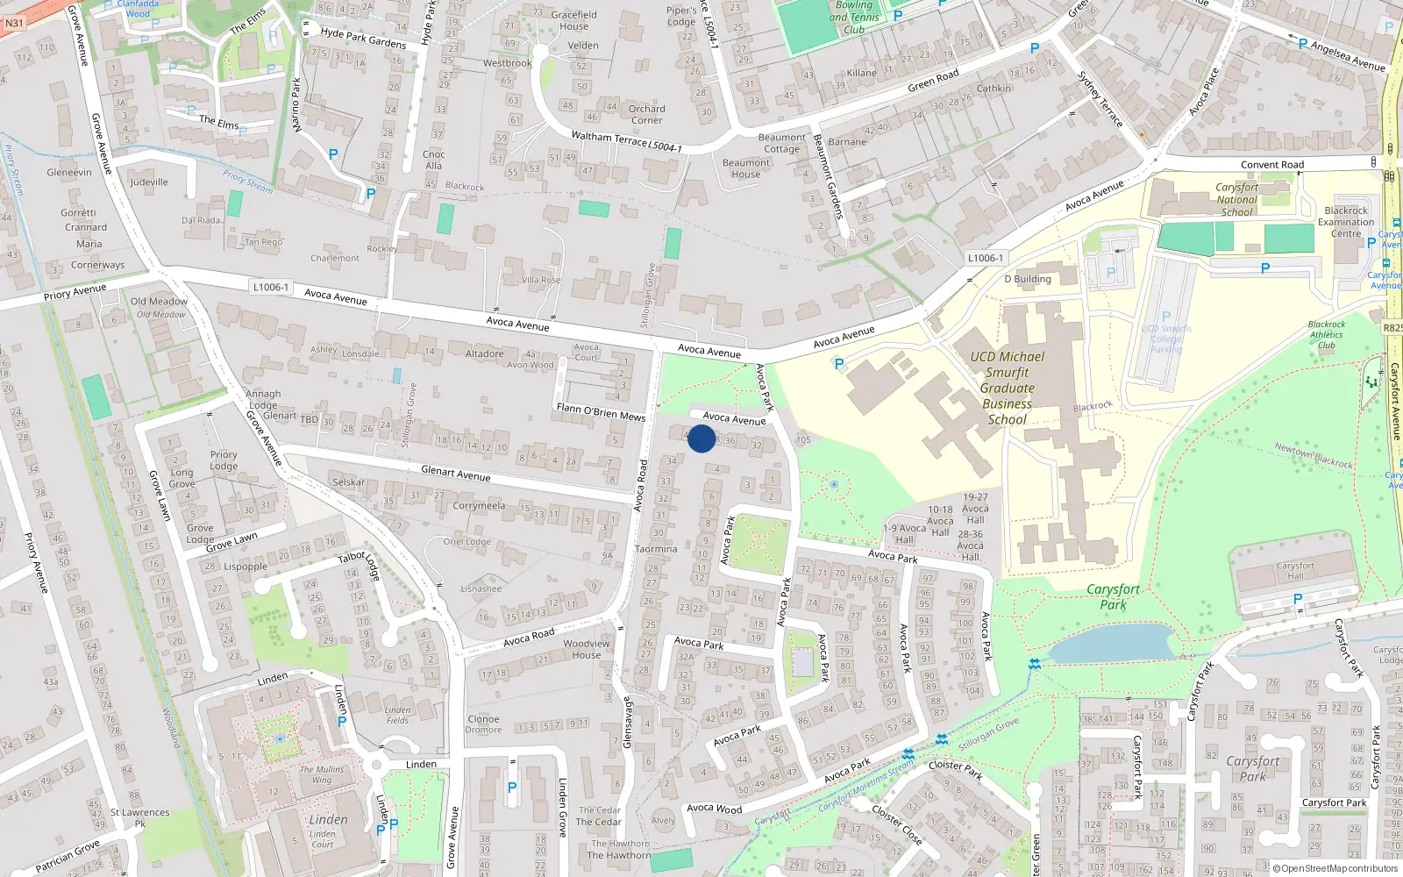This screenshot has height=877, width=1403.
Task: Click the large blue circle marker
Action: [x=701, y=438]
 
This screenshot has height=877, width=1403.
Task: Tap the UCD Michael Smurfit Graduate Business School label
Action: [x=1007, y=388]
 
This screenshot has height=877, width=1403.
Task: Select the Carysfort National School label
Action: [x=1236, y=200]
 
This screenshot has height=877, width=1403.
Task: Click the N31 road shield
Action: [x=14, y=23]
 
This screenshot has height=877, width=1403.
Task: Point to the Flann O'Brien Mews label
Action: [x=601, y=412]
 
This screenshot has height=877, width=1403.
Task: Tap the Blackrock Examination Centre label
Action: [x=1346, y=222]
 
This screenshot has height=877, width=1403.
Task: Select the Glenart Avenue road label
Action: [x=456, y=473]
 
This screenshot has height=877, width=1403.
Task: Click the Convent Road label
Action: [x=1272, y=165]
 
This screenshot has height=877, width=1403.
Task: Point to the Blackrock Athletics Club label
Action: [x=1326, y=334]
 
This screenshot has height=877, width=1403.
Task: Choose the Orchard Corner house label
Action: [x=646, y=114]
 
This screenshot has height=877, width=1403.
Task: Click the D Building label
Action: [x=1028, y=279]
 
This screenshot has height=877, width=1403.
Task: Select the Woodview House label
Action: [x=587, y=649]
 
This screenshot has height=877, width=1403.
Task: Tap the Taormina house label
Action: [x=656, y=549]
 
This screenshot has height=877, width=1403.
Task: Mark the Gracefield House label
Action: [x=574, y=20]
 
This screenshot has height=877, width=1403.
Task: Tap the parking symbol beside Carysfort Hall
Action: [x=1298, y=599]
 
